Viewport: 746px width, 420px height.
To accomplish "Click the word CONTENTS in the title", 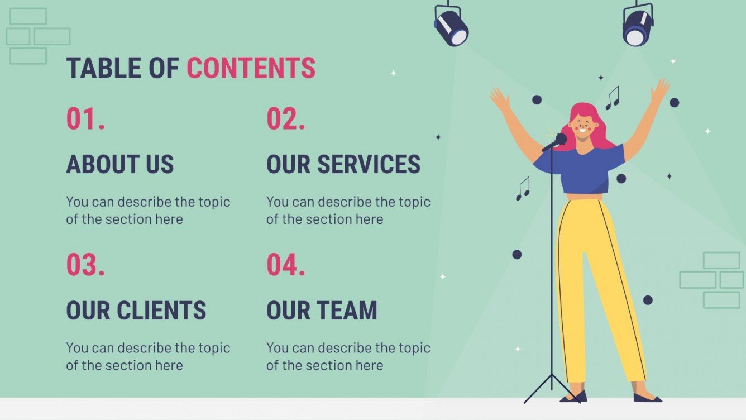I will click(x=251, y=68).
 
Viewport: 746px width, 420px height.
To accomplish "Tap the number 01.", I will click(x=85, y=119).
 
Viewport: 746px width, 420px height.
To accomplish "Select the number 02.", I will click(x=285, y=119).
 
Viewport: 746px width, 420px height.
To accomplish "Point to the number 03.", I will click(x=85, y=265).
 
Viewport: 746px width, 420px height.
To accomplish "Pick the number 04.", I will click(x=285, y=265).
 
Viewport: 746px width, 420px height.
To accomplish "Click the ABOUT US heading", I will click(x=120, y=164).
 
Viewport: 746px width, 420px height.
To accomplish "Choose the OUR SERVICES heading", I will click(x=343, y=164).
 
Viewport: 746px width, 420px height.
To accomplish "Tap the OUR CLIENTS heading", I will click(x=136, y=311).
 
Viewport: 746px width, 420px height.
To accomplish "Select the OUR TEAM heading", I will click(x=322, y=311).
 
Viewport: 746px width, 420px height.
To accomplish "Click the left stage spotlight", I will click(x=451, y=28).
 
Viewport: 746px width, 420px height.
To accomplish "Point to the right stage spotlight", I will click(x=637, y=27).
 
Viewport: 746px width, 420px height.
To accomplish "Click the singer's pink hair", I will click(x=597, y=126).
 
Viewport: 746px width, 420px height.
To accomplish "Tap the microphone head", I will click(x=560, y=139).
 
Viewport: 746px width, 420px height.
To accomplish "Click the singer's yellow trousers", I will click(x=592, y=279).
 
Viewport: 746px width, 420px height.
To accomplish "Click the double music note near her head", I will click(x=613, y=98).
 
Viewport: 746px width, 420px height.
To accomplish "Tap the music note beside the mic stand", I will click(x=523, y=189).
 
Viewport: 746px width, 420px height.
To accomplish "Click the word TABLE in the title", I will click(x=104, y=68).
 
